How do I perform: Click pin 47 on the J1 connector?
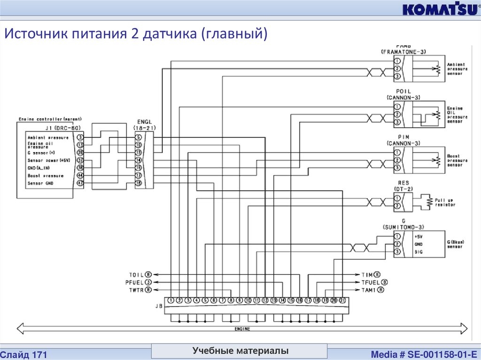click(x=80, y=183)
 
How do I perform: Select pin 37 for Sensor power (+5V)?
click(x=80, y=160)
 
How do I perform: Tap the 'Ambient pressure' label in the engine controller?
click(x=48, y=138)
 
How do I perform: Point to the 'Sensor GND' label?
click(x=41, y=183)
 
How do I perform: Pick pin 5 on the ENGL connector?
click(x=139, y=138)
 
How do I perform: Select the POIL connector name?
click(x=403, y=92)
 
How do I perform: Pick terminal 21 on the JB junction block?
click(x=342, y=300)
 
